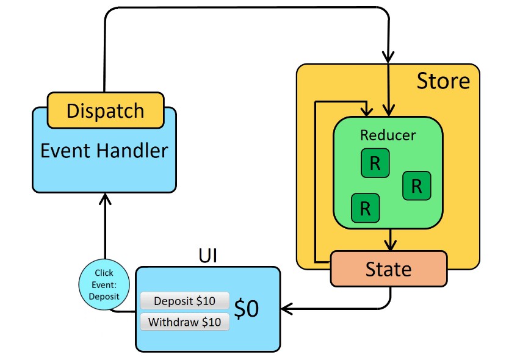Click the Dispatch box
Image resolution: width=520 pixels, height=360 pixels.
click(105, 110)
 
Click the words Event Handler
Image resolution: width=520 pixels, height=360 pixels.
click(104, 149)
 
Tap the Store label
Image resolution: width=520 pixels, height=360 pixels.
click(443, 81)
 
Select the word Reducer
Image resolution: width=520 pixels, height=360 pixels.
click(388, 135)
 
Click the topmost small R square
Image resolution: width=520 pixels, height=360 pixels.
click(375, 164)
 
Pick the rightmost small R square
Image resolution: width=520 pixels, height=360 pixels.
click(416, 185)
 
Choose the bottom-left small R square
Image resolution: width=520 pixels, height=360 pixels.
click(366, 208)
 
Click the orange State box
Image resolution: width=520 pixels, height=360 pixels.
click(388, 268)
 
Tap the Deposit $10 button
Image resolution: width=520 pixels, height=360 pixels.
click(184, 301)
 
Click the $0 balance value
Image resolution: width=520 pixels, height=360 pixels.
click(247, 309)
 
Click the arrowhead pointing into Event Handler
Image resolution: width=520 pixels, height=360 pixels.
click(105, 198)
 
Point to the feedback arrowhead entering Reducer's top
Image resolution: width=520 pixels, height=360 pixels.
click(367, 111)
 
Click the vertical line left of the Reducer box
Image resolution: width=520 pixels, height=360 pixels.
click(315, 183)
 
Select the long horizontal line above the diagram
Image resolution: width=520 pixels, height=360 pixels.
click(244, 8)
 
